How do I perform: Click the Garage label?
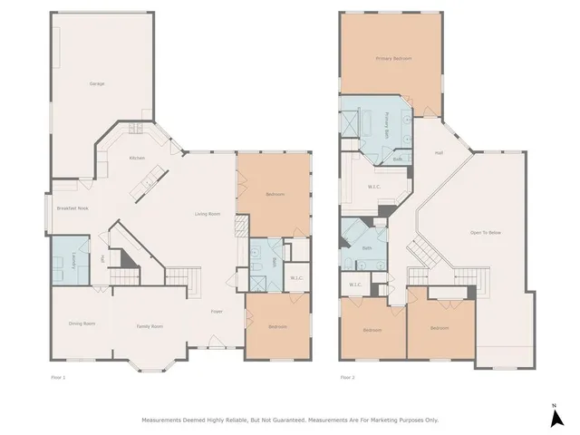click(x=96, y=83)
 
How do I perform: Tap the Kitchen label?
click(x=137, y=159)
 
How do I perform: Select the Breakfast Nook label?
click(x=72, y=208)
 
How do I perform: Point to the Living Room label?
click(x=208, y=214)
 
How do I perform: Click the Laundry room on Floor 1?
click(x=69, y=259)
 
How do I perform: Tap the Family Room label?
click(x=150, y=326)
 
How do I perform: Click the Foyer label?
click(x=217, y=312)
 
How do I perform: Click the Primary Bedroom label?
click(x=393, y=58)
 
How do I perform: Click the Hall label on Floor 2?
click(x=439, y=152)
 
